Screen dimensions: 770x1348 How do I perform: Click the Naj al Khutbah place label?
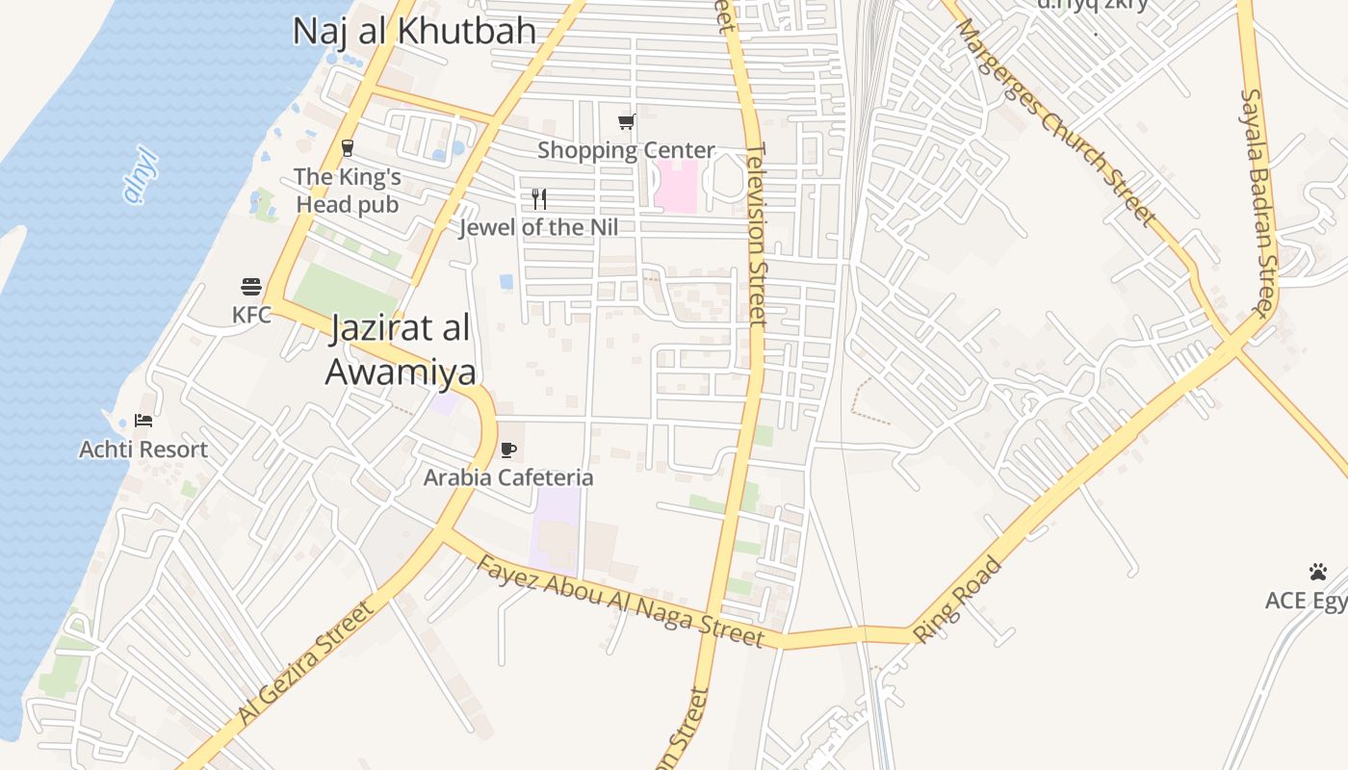[414, 31]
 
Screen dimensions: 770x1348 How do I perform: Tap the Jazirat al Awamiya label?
[400, 349]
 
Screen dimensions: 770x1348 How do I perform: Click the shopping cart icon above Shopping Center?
[627, 121]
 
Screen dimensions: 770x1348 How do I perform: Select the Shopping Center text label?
[626, 150]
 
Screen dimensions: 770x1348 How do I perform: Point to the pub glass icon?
[347, 148]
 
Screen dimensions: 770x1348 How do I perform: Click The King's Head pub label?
[347, 191]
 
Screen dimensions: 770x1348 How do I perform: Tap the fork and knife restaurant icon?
[539, 199]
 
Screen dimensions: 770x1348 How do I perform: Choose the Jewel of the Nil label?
[538, 227]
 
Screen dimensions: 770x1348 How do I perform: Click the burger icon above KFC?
[251, 287]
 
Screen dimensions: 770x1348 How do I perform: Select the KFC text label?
[251, 314]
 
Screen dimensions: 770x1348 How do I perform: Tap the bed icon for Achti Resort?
[143, 421]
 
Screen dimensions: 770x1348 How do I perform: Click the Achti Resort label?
[143, 449]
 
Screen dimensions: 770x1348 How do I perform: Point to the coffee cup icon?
[508, 449]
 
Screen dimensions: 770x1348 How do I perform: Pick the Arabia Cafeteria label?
[508, 477]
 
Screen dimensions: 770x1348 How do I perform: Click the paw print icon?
[1318, 572]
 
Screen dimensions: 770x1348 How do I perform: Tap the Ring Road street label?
[957, 599]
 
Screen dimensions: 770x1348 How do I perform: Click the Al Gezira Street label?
[304, 663]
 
